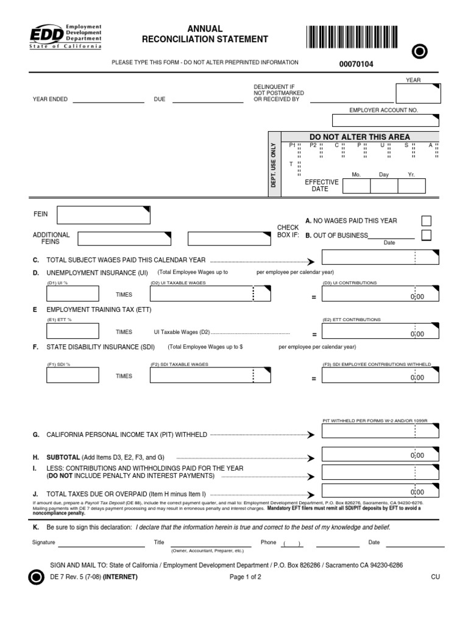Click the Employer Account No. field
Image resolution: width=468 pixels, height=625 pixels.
pyautogui.click(x=385, y=120)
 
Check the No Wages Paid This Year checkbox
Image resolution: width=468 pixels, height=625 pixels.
pyautogui.click(x=427, y=221)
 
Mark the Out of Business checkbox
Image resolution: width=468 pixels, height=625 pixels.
pyautogui.click(x=427, y=235)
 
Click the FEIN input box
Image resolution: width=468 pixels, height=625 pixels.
pyautogui.click(x=103, y=215)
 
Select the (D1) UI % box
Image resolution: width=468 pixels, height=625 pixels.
pyautogui.click(x=72, y=294)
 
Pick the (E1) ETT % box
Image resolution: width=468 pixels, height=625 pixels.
pyautogui.click(x=72, y=331)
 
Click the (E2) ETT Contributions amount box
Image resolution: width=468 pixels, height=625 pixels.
pyautogui.click(x=380, y=331)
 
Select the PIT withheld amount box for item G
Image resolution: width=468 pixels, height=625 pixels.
pyautogui.click(x=380, y=432)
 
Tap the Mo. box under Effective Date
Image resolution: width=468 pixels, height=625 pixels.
pyautogui.click(x=356, y=186)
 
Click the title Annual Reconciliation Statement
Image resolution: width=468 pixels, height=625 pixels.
pyautogui.click(x=205, y=34)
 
